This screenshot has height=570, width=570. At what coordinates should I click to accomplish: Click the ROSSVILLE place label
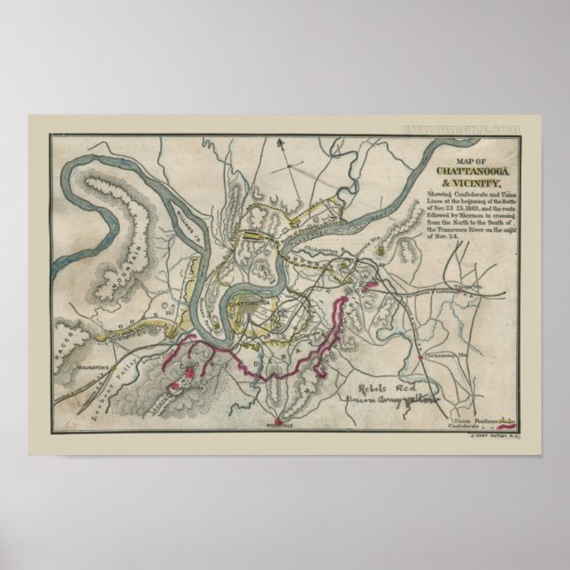(281, 426)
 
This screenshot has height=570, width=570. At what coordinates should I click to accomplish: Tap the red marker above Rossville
(280, 417)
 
